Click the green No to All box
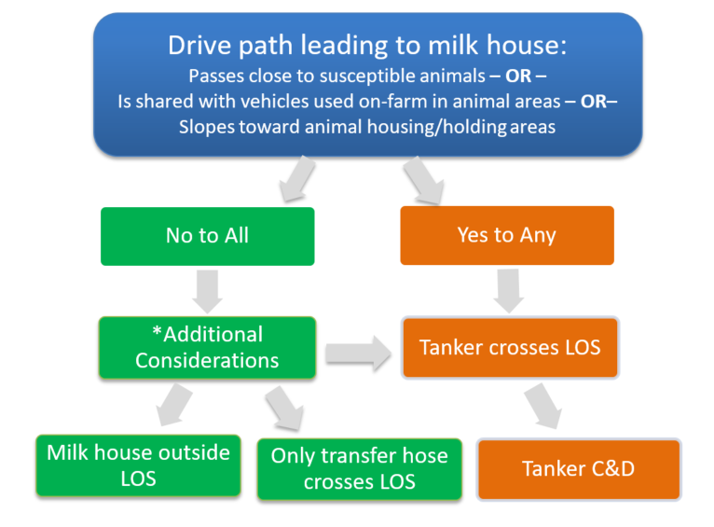click(207, 236)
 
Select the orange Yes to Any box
click(506, 235)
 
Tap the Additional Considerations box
click(207, 347)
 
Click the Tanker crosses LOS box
click(510, 348)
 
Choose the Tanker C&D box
click(578, 468)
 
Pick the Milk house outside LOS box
click(138, 465)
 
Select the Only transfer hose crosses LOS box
click(359, 468)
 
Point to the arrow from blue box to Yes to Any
click(422, 179)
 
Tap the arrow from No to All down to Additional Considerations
click(208, 290)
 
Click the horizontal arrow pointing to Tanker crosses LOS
click(359, 353)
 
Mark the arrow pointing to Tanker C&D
click(542, 405)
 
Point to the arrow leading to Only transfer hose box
click(283, 409)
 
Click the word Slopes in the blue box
click(206, 126)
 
